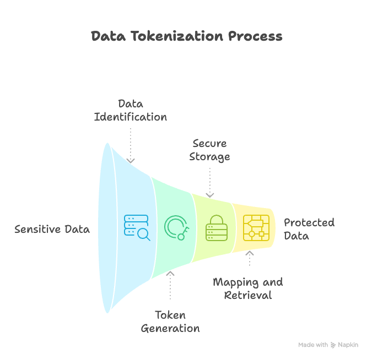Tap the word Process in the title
pos(255,36)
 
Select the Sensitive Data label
pos(52,229)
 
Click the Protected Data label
pos(309,229)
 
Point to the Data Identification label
pos(131,110)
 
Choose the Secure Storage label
pos(209,150)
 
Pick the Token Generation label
pos(170,321)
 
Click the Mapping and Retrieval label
pos(248,288)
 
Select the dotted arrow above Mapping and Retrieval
pos(250,259)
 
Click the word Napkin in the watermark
pos(348,345)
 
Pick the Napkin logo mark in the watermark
pos(333,345)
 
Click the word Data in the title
pos(108,36)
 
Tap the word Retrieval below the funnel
pos(248,296)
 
